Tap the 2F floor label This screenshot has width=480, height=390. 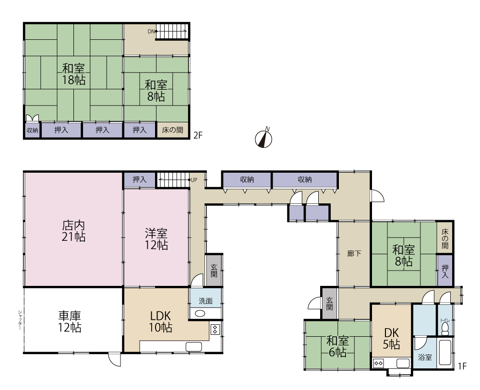click(198, 135)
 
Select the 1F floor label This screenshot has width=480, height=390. click(462, 366)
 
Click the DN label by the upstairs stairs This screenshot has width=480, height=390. click(151, 31)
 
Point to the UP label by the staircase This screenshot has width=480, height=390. click(194, 180)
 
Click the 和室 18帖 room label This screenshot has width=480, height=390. click(73, 74)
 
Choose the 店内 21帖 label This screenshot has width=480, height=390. click(73, 231)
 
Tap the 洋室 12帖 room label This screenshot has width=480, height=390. click(156, 239)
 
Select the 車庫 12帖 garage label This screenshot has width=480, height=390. click(70, 321)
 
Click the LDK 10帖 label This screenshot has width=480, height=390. click(160, 321)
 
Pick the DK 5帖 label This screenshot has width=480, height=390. click(392, 339)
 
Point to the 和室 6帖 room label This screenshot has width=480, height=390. click(337, 346)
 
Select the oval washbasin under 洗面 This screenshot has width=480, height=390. click(200, 314)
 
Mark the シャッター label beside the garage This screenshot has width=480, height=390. click(20, 320)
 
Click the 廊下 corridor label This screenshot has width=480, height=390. click(354, 253)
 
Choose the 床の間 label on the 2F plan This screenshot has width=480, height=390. click(173, 130)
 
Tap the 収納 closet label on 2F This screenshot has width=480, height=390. click(32, 130)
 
